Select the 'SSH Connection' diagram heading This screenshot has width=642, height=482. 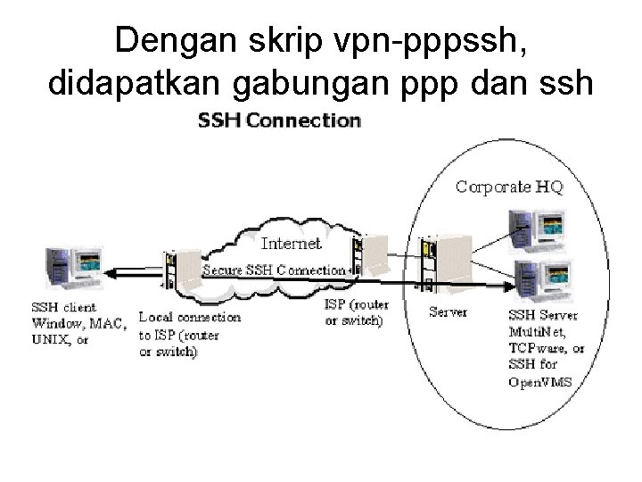point(278,120)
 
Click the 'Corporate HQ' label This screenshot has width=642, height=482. point(509,187)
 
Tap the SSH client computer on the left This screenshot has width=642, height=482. point(73,264)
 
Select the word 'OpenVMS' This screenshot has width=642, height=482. point(539,382)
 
